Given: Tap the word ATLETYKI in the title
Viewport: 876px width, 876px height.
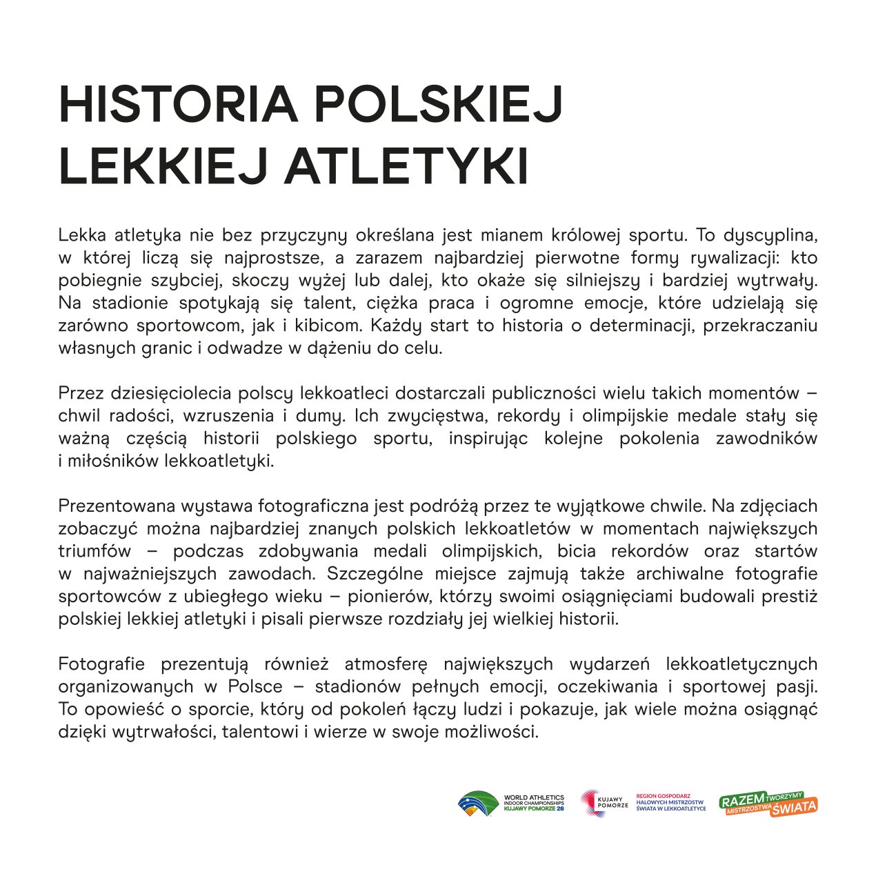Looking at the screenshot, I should (406, 166).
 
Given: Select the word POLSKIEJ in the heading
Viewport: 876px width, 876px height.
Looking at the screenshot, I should (439, 105).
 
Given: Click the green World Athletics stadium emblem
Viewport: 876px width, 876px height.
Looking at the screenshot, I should (478, 804).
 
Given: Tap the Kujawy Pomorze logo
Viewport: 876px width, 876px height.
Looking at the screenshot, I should (604, 804).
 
